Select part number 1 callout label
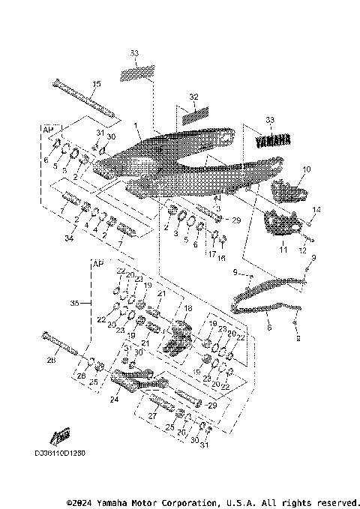[x=136, y=126]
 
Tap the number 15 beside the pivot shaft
[x=96, y=83]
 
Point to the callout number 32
[x=193, y=97]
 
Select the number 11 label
[x=283, y=248]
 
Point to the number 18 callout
[x=188, y=308]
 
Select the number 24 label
[x=115, y=399]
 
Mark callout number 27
[x=153, y=415]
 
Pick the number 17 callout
[x=212, y=253]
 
